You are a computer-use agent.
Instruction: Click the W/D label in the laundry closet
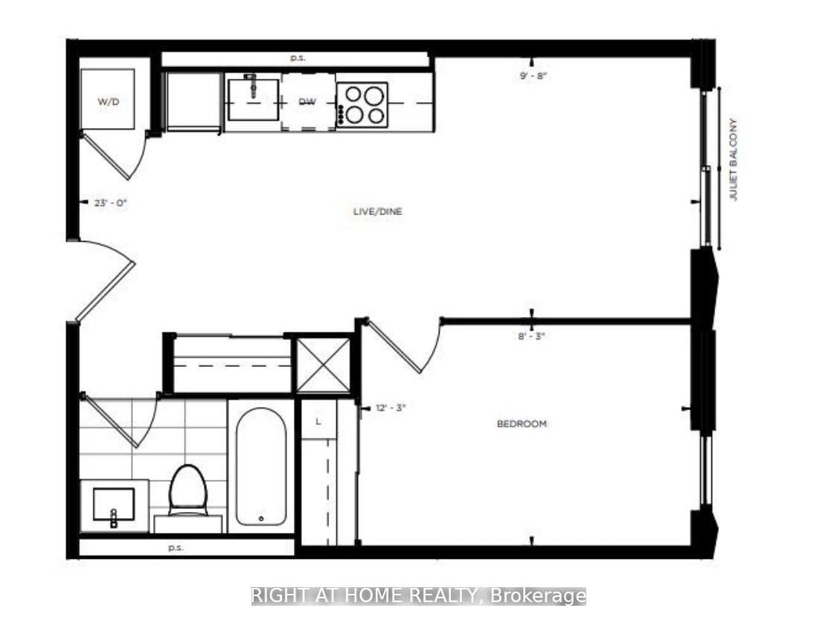(x=108, y=101)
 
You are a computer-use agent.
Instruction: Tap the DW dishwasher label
(x=307, y=102)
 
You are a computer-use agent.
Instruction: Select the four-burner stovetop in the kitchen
(x=362, y=105)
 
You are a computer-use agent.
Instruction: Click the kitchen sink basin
(x=253, y=100)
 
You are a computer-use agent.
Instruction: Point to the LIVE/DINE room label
(x=377, y=211)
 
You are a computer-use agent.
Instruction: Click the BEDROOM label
(x=522, y=424)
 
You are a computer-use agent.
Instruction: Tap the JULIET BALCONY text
(x=733, y=159)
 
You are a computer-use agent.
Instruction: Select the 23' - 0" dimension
(x=111, y=203)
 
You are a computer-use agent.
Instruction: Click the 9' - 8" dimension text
(x=533, y=76)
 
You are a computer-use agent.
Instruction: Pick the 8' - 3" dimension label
(x=532, y=336)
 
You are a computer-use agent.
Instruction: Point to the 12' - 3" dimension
(x=391, y=408)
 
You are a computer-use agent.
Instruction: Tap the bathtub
(x=261, y=467)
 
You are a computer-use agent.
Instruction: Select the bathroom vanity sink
(x=114, y=505)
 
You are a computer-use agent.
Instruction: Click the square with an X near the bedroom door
(x=323, y=366)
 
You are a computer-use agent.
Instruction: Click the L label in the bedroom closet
(x=318, y=421)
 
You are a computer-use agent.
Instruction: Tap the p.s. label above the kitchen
(x=298, y=58)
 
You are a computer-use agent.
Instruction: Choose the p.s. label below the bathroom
(x=176, y=548)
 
